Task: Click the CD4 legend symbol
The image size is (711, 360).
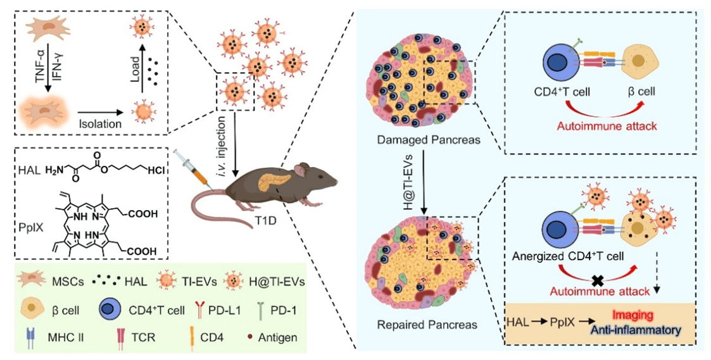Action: point(192,337)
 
